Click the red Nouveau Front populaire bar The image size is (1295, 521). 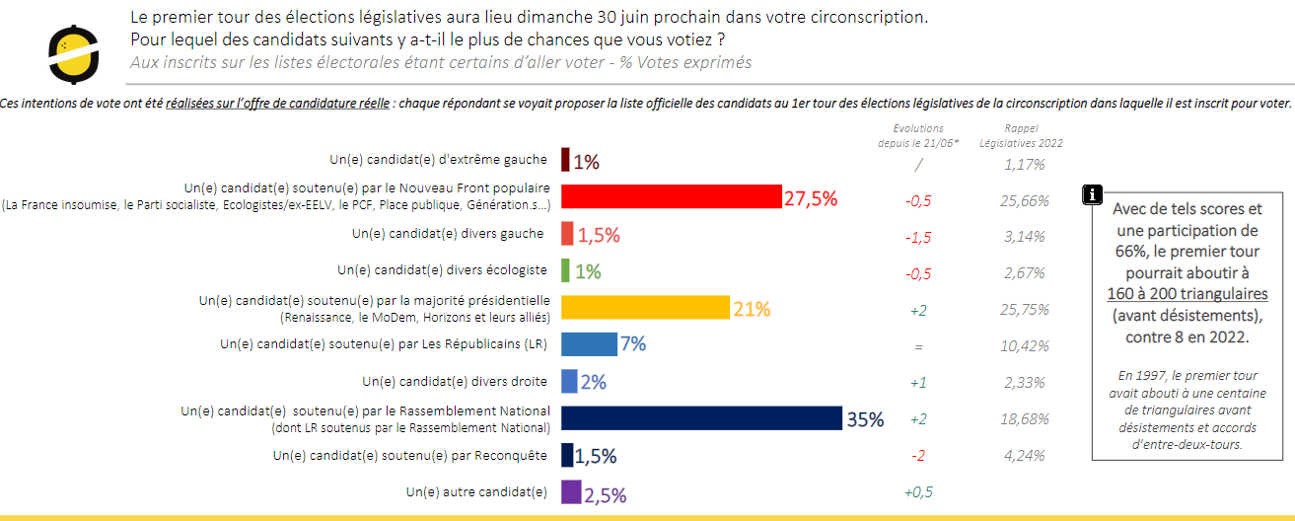tap(671, 197)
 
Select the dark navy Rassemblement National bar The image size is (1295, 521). tap(701, 418)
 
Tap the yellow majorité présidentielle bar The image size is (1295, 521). tap(645, 308)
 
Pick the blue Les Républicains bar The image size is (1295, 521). tap(589, 344)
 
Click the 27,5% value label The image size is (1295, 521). tap(811, 198)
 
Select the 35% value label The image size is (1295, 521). tap(865, 419)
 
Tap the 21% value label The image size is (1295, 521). tap(752, 309)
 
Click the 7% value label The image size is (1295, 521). tap(633, 344)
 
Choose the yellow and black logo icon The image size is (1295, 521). tap(74, 54)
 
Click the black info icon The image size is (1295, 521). tap(1092, 193)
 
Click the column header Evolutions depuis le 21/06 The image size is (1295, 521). tap(917, 136)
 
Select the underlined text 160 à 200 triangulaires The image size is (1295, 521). tap(1187, 294)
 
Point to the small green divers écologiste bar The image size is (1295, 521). tap(566, 270)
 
